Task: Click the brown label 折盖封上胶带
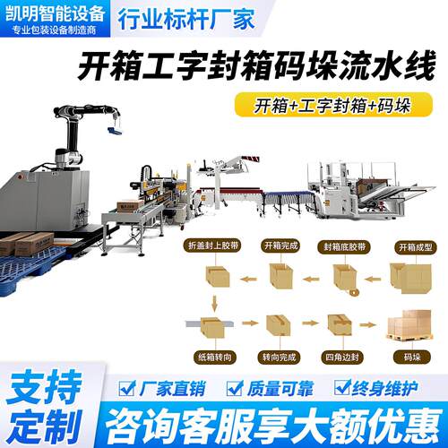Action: click(x=213, y=246)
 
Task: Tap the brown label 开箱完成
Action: click(x=281, y=246)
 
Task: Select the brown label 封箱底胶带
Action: click(x=344, y=247)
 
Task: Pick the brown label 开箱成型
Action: click(x=416, y=247)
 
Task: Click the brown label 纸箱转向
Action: click(x=214, y=357)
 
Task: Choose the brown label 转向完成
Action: click(x=280, y=357)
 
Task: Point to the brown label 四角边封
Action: click(x=342, y=357)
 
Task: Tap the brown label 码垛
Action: click(x=412, y=357)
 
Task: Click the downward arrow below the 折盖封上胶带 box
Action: click(x=214, y=304)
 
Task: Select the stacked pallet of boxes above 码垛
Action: click(x=409, y=325)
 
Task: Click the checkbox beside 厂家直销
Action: click(x=126, y=388)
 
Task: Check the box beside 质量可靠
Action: click(x=235, y=388)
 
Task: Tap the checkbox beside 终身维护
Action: click(x=342, y=387)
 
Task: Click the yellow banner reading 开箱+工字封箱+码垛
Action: click(x=333, y=105)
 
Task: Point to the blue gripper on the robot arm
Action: click(x=115, y=131)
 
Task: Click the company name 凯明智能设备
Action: click(x=56, y=13)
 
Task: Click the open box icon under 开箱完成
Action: click(x=281, y=275)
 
